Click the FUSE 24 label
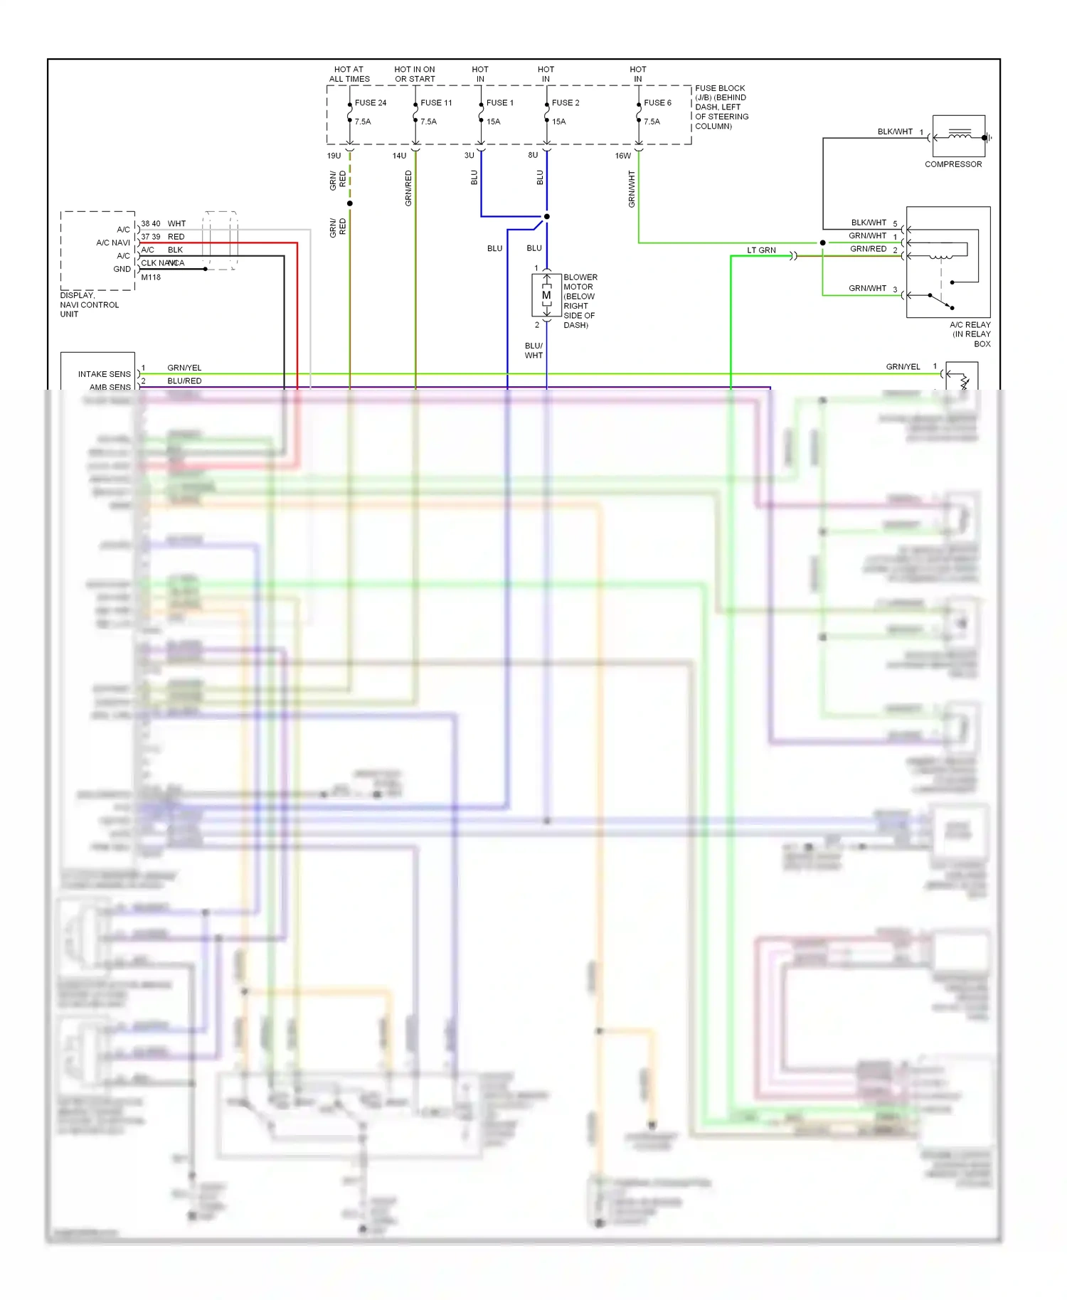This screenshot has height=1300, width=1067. (370, 103)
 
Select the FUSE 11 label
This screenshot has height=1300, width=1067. (435, 103)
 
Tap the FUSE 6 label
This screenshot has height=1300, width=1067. (657, 103)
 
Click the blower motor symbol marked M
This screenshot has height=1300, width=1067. (546, 295)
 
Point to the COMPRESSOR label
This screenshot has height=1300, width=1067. (952, 164)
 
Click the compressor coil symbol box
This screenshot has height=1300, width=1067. (958, 136)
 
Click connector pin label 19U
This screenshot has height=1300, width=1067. (334, 156)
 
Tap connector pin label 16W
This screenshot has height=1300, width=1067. (622, 156)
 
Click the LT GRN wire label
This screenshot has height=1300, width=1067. (761, 250)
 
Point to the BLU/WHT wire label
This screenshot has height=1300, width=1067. (533, 351)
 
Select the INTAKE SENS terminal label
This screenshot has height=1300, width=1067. (104, 374)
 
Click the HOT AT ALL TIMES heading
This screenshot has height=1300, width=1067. (349, 74)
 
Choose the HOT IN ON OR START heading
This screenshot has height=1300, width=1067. (415, 74)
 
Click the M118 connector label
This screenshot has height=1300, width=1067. (151, 277)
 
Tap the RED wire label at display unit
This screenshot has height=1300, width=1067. (176, 237)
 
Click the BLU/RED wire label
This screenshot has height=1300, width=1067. (184, 381)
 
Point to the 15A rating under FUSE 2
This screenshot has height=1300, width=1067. (558, 122)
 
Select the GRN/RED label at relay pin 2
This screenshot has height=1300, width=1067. (868, 249)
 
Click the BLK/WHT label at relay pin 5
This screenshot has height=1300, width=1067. (869, 223)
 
